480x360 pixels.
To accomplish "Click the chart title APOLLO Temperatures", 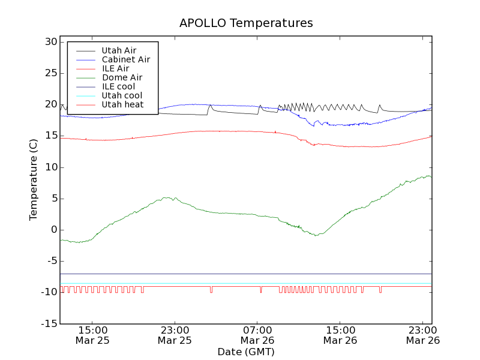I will (246, 23).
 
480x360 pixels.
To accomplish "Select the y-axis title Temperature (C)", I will (34, 179).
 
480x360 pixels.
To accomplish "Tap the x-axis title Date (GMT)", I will (246, 352).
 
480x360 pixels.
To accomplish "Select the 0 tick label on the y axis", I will (53, 230).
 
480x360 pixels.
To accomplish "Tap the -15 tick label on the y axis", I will (47, 323).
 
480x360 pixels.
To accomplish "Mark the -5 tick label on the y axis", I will (50, 261).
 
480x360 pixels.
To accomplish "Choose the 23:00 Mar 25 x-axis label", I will (175, 335).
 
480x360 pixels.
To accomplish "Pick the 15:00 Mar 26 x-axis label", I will (340, 335).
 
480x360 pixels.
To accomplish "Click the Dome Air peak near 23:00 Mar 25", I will (169, 197).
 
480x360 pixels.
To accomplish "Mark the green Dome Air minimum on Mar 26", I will (316, 235).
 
